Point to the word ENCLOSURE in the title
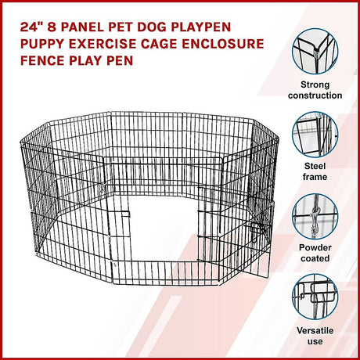pyautogui.click(x=223, y=44)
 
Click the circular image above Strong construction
pyautogui.click(x=315, y=52)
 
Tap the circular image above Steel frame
pyautogui.click(x=315, y=135)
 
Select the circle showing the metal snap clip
pyautogui.click(x=315, y=217)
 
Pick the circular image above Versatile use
pyautogui.click(x=315, y=297)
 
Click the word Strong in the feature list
pyautogui.click(x=315, y=85)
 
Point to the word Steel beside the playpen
pyautogui.click(x=315, y=166)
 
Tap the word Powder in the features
pyautogui.click(x=315, y=247)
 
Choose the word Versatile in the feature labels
pyautogui.click(x=315, y=330)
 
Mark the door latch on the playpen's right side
pyautogui.click(x=257, y=229)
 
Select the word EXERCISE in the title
pyautogui.click(x=103, y=44)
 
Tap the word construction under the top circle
pyautogui.click(x=315, y=95)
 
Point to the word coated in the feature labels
pyautogui.click(x=315, y=258)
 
